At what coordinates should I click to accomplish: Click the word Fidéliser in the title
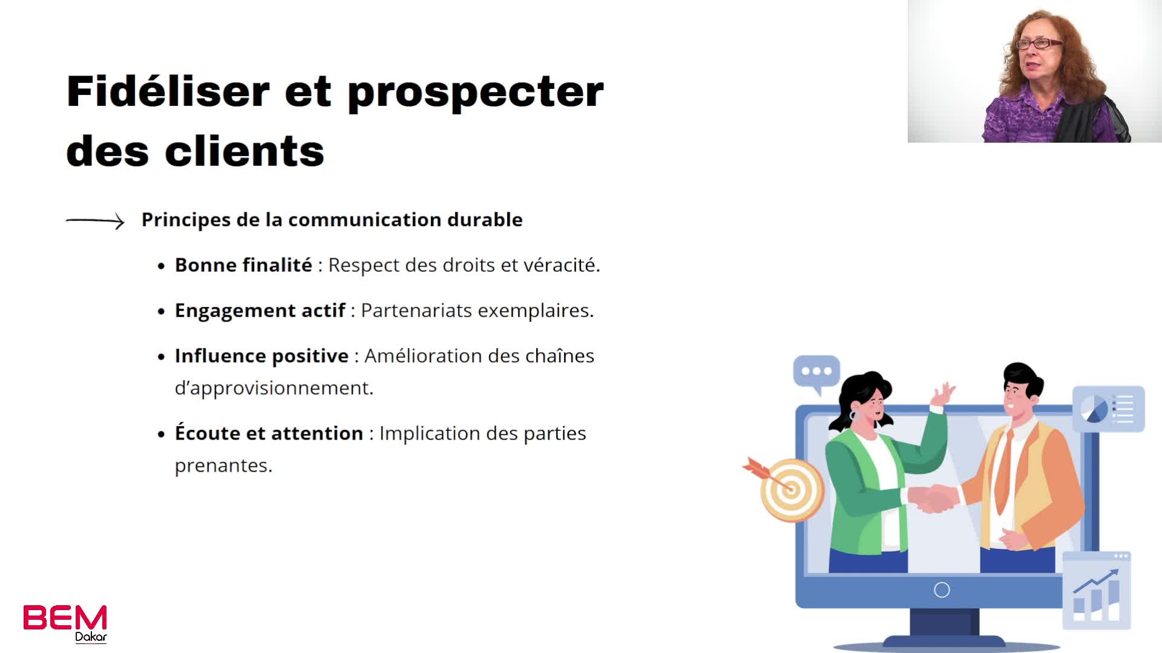coord(168,91)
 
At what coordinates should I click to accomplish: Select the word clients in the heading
coord(245,151)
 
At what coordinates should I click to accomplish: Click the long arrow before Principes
coord(95,221)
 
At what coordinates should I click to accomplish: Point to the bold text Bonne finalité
coord(243,265)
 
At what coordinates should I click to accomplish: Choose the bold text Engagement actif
coord(260,311)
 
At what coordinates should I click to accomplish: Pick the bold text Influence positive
coord(262,356)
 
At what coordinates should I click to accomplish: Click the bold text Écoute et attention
coord(269,433)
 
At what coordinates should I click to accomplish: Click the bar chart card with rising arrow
coord(1097,591)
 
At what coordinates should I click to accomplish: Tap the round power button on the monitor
coord(942,590)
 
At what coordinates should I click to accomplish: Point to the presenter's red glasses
coord(1039,44)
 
